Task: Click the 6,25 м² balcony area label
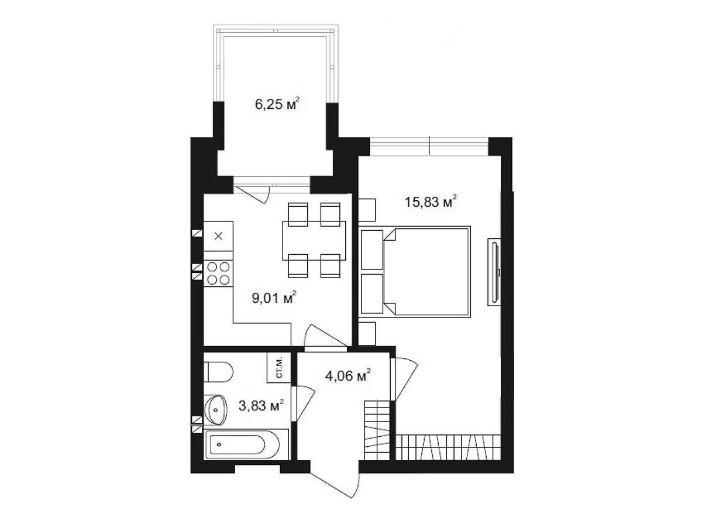tap(277, 104)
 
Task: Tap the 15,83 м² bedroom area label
tap(431, 202)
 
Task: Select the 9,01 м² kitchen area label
tap(274, 298)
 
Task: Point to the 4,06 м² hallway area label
tap(348, 376)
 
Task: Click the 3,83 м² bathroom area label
tap(261, 406)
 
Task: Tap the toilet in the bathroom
tap(218, 372)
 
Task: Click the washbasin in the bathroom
tap(215, 410)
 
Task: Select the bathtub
tap(246, 444)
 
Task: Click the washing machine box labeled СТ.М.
tap(279, 367)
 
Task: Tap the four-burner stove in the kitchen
tap(218, 273)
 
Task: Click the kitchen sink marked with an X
tap(218, 236)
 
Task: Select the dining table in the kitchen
tap(314, 240)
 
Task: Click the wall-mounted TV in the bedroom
tap(494, 272)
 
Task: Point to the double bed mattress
tap(426, 272)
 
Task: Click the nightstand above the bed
tap(367, 210)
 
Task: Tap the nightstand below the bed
tap(367, 333)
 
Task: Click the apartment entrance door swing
tap(335, 484)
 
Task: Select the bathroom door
tap(303, 403)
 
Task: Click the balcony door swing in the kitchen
tap(252, 194)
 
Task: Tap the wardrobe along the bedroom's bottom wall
tap(448, 447)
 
